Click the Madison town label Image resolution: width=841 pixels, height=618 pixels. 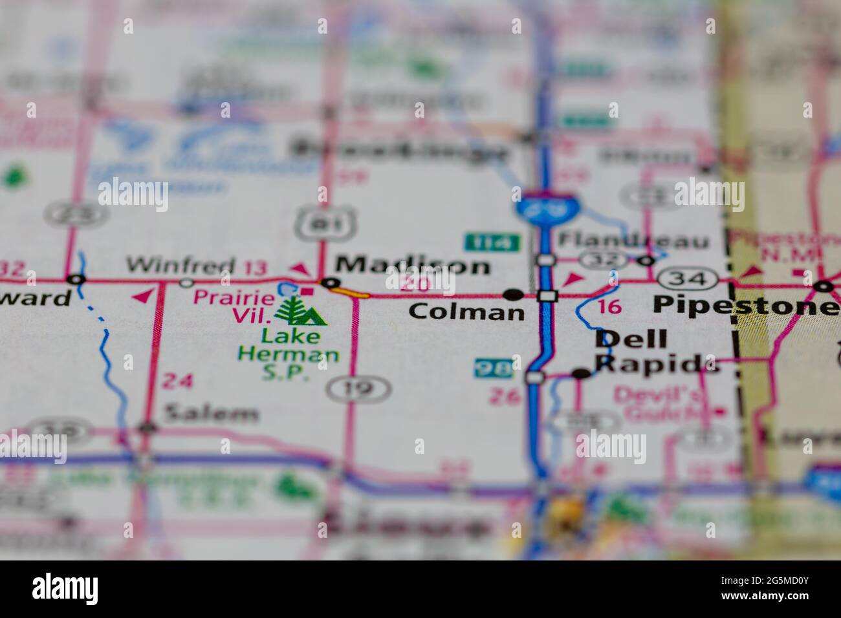413,265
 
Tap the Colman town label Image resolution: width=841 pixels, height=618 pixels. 466,312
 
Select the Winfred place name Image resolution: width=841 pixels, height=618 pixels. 180,264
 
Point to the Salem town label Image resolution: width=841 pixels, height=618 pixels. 211,412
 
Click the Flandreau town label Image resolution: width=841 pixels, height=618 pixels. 633,240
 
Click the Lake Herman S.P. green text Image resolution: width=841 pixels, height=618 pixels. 289,354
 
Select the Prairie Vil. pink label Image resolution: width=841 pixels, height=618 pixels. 234,306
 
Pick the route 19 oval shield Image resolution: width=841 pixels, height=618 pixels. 358,389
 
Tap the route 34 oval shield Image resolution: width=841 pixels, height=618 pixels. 688,279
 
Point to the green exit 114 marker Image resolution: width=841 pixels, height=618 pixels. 492,242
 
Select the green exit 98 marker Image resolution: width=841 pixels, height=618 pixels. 493,367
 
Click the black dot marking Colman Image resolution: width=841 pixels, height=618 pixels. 514,295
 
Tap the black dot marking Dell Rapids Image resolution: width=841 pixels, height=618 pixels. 582,373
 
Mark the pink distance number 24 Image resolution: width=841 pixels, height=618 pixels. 177,381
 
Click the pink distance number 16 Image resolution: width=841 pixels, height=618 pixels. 609,306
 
